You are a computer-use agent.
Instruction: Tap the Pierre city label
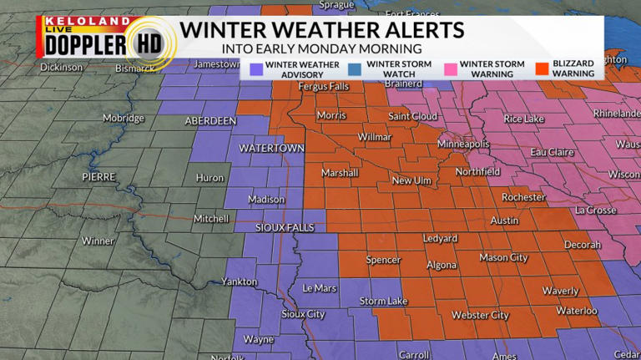click(x=99, y=177)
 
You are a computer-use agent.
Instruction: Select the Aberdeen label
click(x=210, y=121)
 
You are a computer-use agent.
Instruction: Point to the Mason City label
click(x=503, y=258)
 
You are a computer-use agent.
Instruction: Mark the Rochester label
click(x=523, y=197)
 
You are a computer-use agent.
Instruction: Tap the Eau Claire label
click(x=552, y=152)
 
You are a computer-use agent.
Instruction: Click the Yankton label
click(x=239, y=282)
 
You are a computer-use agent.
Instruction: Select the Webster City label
click(x=480, y=315)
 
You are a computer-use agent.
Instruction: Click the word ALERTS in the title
click(x=421, y=31)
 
